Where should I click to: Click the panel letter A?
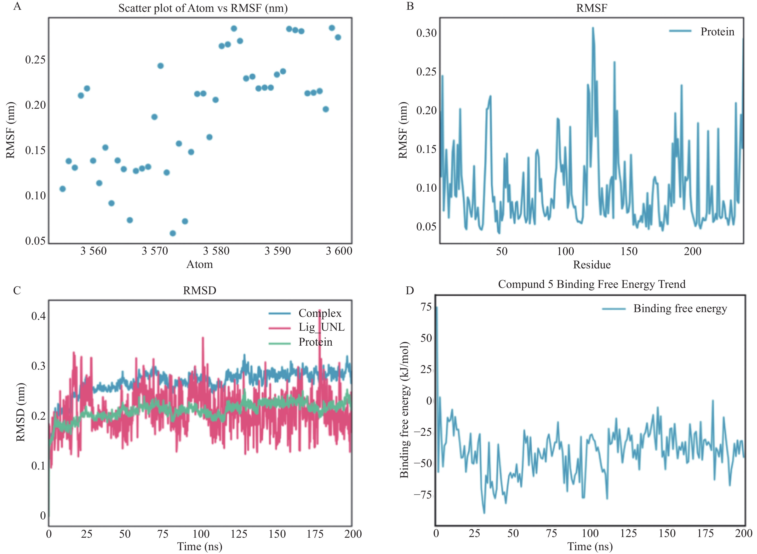(17, 6)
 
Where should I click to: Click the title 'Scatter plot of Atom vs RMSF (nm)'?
(203, 8)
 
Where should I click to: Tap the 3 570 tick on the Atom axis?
(155, 251)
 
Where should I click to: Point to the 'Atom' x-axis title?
(199, 264)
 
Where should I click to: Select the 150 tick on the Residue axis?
(629, 251)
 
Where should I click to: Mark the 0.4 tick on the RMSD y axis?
(38, 316)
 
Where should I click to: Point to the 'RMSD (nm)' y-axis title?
(21, 412)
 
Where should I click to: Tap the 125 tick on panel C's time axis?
(239, 534)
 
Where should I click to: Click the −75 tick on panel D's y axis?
(423, 495)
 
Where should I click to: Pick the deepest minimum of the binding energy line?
(484, 513)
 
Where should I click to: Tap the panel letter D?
(410, 290)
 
